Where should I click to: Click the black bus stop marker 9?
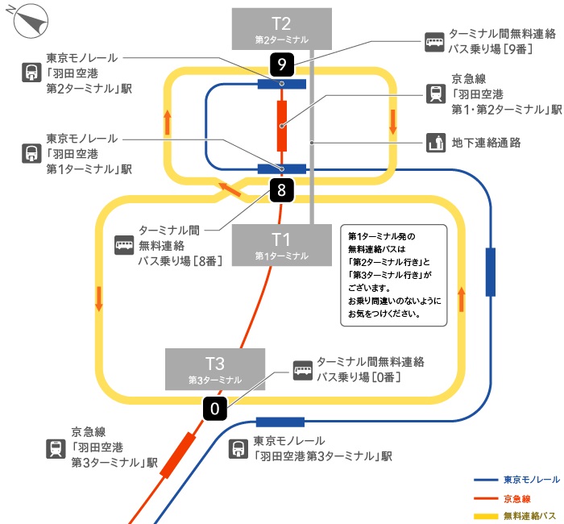click(281, 64)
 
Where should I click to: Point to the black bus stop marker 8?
click(281, 190)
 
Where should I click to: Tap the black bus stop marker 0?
click(214, 409)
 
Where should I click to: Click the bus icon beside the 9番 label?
click(435, 41)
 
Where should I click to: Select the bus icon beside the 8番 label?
click(124, 243)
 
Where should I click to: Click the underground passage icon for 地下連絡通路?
click(435, 143)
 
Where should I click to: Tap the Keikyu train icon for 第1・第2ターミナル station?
click(435, 94)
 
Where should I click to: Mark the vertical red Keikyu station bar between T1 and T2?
click(282, 126)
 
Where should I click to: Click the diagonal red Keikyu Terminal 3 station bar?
click(179, 455)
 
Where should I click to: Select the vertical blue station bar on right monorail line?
click(491, 272)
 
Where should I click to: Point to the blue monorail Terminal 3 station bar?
click(280, 422)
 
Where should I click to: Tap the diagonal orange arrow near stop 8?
click(230, 190)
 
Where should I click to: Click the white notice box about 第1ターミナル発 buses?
click(395, 275)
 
